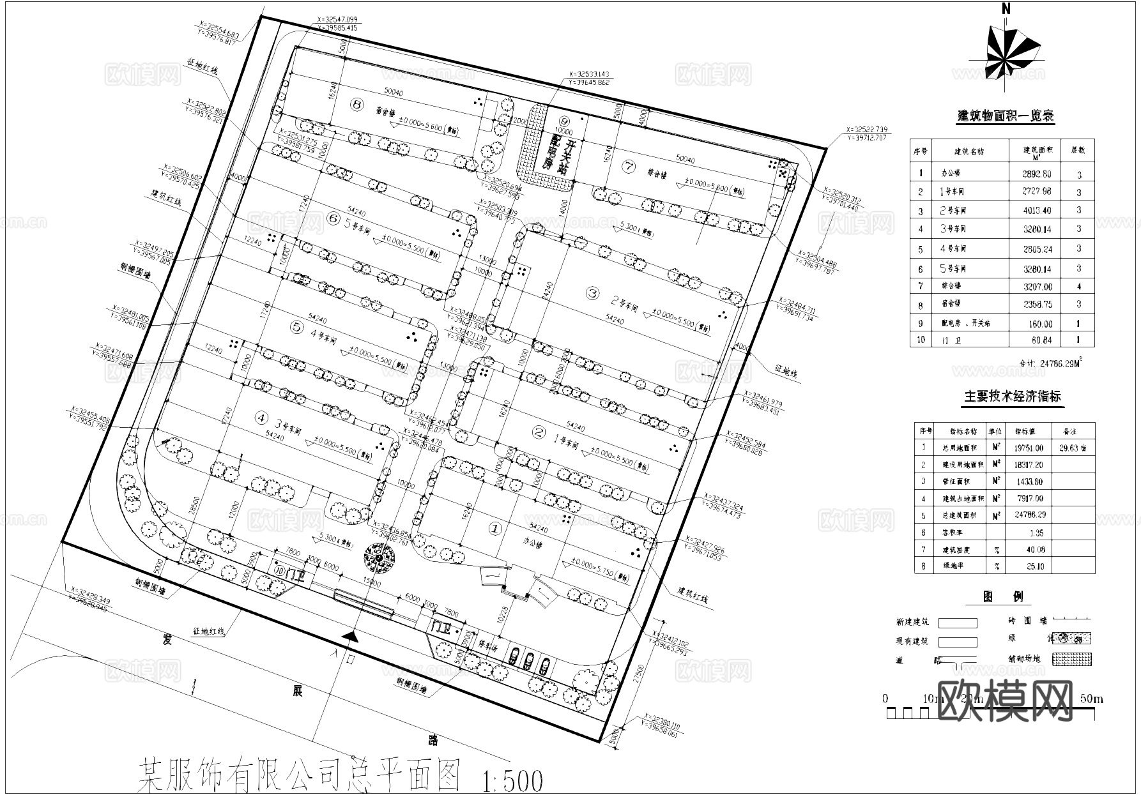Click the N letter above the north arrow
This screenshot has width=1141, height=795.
(1006, 9)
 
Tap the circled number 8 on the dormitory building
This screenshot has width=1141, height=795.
(356, 104)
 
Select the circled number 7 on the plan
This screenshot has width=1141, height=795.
(630, 167)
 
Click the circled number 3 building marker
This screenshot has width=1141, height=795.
(593, 293)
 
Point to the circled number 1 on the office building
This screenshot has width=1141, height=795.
(495, 529)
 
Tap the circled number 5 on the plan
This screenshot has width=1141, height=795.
(296, 327)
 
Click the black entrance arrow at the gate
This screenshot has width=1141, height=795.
(349, 636)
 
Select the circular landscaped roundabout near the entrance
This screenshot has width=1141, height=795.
(378, 558)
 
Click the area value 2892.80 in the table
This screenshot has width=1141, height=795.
(1036, 174)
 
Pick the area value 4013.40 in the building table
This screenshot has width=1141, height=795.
(1036, 211)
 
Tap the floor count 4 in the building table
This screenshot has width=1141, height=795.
(1079, 287)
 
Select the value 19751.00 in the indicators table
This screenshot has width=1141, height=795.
(1028, 449)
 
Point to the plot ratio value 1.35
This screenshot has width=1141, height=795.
(1036, 533)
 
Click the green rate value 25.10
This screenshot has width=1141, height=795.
(1036, 566)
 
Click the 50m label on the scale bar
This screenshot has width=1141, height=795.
(1091, 699)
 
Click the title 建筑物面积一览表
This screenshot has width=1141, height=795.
(1005, 116)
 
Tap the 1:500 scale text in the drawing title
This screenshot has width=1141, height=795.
(513, 780)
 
